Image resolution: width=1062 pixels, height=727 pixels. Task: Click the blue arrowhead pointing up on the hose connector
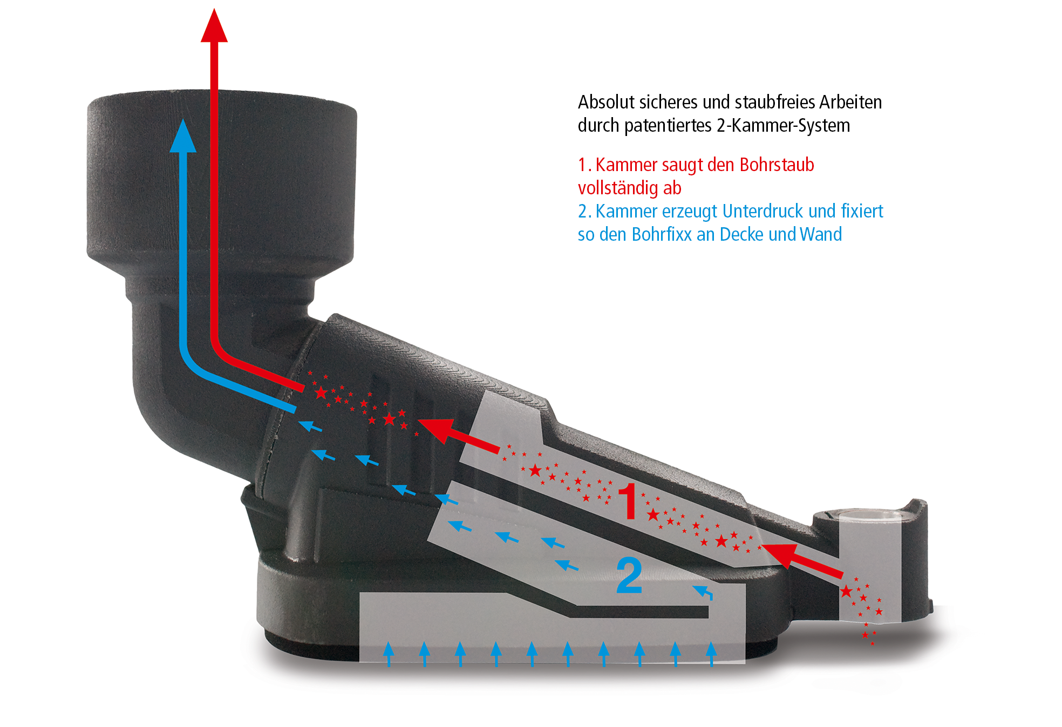pos(183,137)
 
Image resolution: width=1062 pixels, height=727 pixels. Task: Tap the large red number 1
pos(629,501)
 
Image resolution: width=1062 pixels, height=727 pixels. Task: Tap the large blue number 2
pos(629,575)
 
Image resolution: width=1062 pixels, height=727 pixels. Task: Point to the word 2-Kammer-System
pos(783,126)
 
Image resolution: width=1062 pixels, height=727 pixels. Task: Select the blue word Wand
pos(821,234)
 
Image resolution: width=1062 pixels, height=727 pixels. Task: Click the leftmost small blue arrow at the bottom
pos(389,654)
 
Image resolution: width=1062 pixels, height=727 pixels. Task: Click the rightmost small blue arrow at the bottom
pos(711,654)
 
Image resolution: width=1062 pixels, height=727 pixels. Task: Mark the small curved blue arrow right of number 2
pos(703,592)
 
